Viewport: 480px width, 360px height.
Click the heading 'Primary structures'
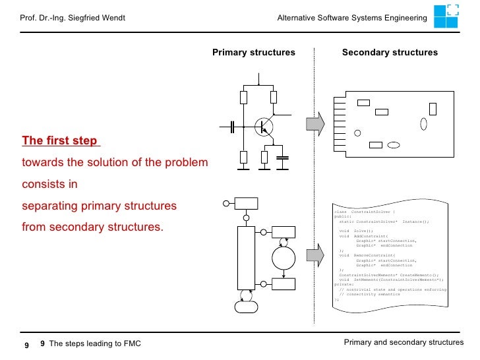point(253,52)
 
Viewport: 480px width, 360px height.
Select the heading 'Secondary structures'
point(390,52)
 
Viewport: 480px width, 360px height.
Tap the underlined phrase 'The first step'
point(60,140)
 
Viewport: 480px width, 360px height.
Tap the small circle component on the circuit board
point(357,133)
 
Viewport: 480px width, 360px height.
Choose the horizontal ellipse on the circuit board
point(394,145)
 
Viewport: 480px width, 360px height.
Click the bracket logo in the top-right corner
point(452,15)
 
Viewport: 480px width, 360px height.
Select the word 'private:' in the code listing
point(344,284)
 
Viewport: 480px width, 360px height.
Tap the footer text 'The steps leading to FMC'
point(95,344)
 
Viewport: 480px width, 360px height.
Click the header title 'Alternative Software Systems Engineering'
point(352,17)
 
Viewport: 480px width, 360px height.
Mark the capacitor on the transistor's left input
point(232,127)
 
